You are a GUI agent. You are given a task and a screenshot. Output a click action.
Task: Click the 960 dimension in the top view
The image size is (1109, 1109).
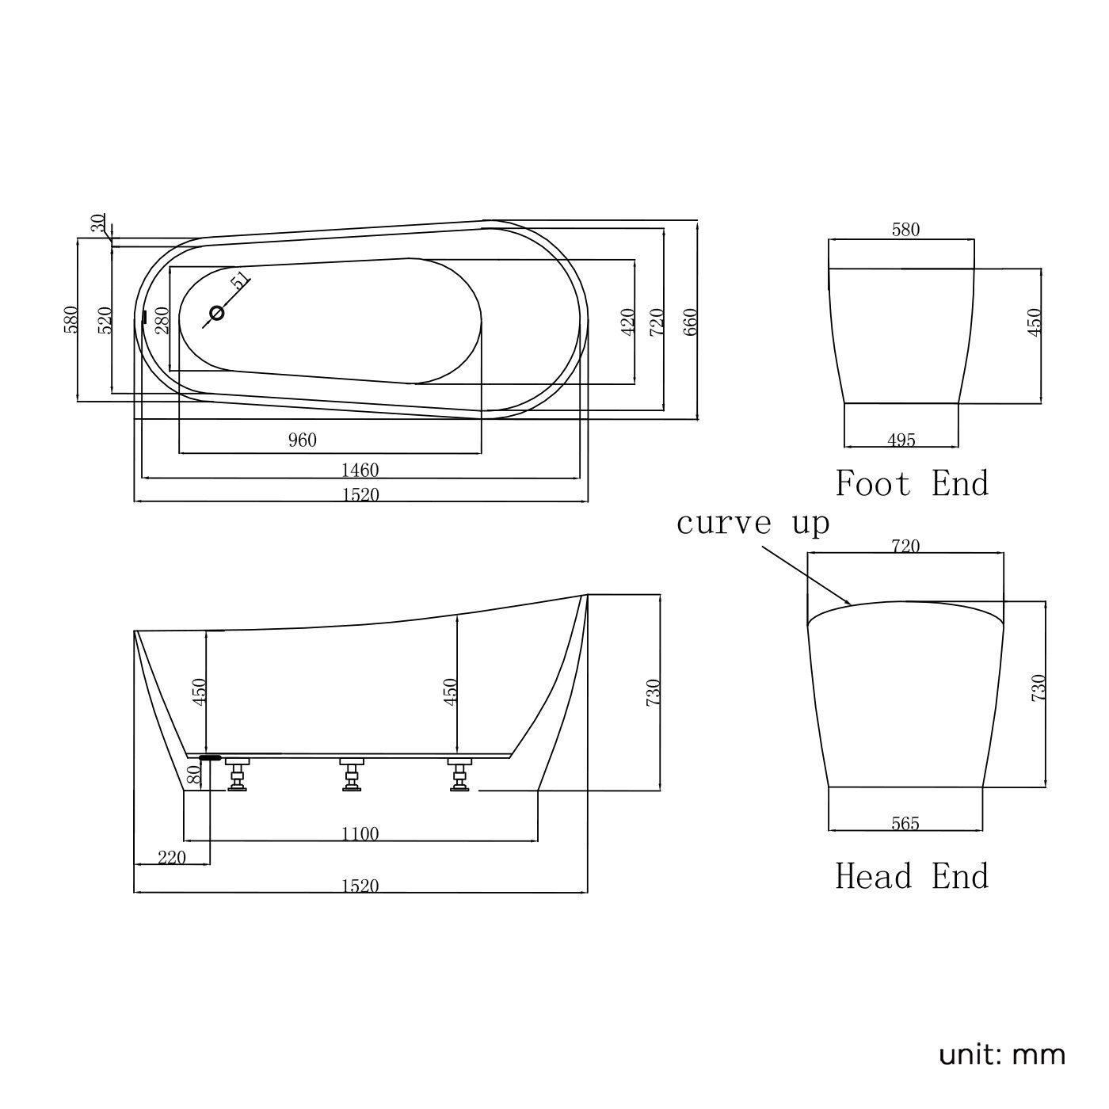302,440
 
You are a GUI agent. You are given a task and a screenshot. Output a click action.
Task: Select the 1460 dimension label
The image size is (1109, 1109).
360,471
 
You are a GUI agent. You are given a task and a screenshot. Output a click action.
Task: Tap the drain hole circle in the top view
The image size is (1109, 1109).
216,313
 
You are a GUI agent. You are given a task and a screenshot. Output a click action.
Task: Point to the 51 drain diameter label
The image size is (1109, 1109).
240,280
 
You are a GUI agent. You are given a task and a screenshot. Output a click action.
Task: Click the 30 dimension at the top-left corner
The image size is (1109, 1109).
98,224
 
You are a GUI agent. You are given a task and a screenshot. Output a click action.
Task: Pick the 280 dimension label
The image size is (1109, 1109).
163,321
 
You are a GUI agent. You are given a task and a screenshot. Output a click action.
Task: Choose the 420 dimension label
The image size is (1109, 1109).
628,322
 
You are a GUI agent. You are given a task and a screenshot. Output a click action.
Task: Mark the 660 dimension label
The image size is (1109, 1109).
691,322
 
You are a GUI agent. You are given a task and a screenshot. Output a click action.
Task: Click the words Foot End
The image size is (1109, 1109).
913,483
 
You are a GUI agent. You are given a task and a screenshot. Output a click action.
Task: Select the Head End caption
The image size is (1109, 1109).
913,877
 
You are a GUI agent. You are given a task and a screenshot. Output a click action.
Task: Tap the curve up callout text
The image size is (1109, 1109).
753,524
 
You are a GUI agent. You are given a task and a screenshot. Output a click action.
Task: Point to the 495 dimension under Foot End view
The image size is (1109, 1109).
901,440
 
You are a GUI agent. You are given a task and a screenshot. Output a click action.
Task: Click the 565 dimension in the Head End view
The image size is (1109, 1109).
905,824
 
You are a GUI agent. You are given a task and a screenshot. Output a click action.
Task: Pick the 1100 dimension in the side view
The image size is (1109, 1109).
360,834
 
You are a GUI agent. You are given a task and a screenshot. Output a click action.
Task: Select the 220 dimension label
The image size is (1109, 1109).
172,857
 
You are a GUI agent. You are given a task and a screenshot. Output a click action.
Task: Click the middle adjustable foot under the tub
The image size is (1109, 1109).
352,774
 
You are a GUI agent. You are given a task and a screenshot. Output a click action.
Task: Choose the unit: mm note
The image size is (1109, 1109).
1002,1055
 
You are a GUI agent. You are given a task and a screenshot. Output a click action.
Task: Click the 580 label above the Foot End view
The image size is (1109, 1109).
906,231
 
